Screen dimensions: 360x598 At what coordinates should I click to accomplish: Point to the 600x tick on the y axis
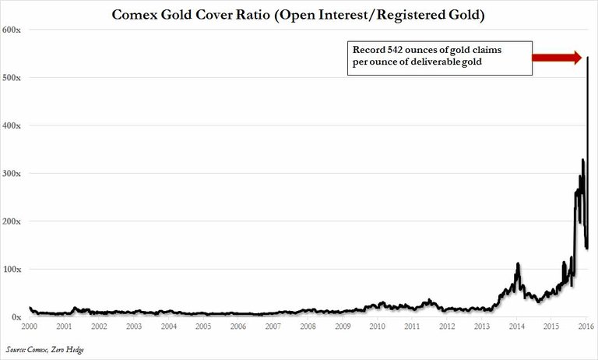[12, 30]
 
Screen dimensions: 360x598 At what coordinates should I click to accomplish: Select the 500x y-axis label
[12, 78]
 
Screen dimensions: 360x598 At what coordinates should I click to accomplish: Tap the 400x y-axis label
[12, 125]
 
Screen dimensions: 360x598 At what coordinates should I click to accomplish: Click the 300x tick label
[12, 174]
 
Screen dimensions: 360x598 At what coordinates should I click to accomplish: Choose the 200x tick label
[12, 221]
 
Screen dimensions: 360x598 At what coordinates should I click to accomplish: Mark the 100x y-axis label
[12, 270]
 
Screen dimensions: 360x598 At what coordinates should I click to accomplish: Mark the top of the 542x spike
[586, 58]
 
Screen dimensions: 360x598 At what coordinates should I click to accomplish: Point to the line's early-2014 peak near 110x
[517, 264]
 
